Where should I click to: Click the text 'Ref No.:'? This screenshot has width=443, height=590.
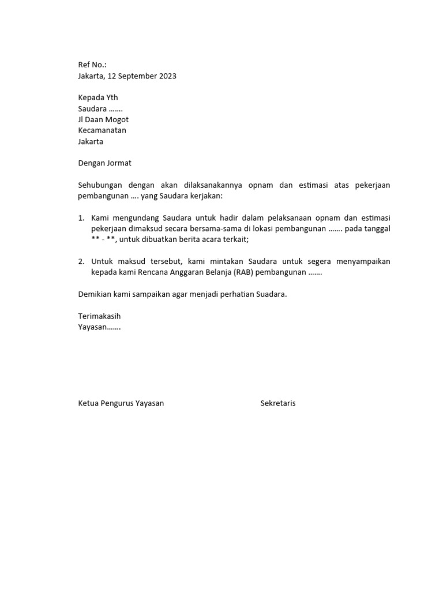coord(92,65)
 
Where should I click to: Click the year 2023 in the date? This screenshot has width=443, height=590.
coord(167,76)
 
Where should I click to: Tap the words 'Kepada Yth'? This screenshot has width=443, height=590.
coord(98,97)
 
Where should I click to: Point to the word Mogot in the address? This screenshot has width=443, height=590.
coord(117,119)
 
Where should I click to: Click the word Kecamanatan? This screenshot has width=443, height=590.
coord(102,130)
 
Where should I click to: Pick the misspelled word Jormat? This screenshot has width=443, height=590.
coord(119,163)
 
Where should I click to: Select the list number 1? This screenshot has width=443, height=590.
coord(81,218)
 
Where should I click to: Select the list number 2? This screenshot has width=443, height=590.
coord(81,262)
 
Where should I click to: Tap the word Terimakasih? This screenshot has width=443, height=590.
coord(99,316)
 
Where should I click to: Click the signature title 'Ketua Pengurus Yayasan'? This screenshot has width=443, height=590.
coord(121,403)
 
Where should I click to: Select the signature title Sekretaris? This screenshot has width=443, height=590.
coord(278,403)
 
